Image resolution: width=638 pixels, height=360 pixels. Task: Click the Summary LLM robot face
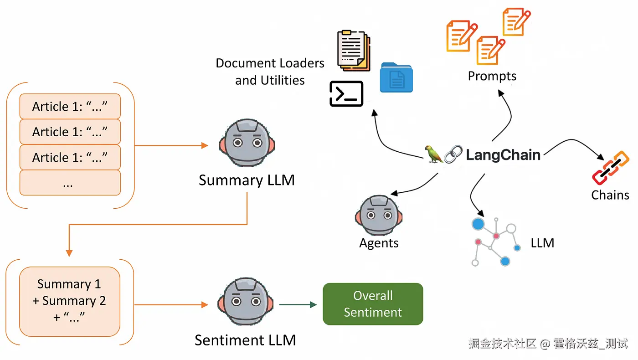[x=247, y=143]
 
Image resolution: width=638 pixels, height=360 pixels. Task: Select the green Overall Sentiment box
[x=373, y=304]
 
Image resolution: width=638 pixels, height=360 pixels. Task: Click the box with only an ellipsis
[x=70, y=183]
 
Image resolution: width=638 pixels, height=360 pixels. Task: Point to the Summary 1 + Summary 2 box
[x=69, y=301]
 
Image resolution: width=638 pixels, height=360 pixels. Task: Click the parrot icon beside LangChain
[x=433, y=155]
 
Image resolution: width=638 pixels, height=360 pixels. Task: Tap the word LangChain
[x=503, y=155]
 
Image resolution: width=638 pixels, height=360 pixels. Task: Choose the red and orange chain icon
[x=611, y=168]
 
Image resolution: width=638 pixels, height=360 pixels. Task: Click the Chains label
[x=610, y=195]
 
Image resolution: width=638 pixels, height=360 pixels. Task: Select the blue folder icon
[x=396, y=78]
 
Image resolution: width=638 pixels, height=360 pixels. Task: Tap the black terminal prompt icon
[x=346, y=94]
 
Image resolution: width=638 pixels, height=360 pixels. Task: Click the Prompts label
[x=492, y=76]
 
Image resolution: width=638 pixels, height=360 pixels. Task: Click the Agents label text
[x=379, y=243]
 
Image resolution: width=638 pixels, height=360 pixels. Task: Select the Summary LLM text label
[x=247, y=180]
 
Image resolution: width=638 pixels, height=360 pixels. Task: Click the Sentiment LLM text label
[x=245, y=340]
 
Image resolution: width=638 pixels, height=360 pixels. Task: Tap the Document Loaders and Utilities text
[x=270, y=72]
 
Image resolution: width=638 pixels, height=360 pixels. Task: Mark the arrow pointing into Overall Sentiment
[x=298, y=304]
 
